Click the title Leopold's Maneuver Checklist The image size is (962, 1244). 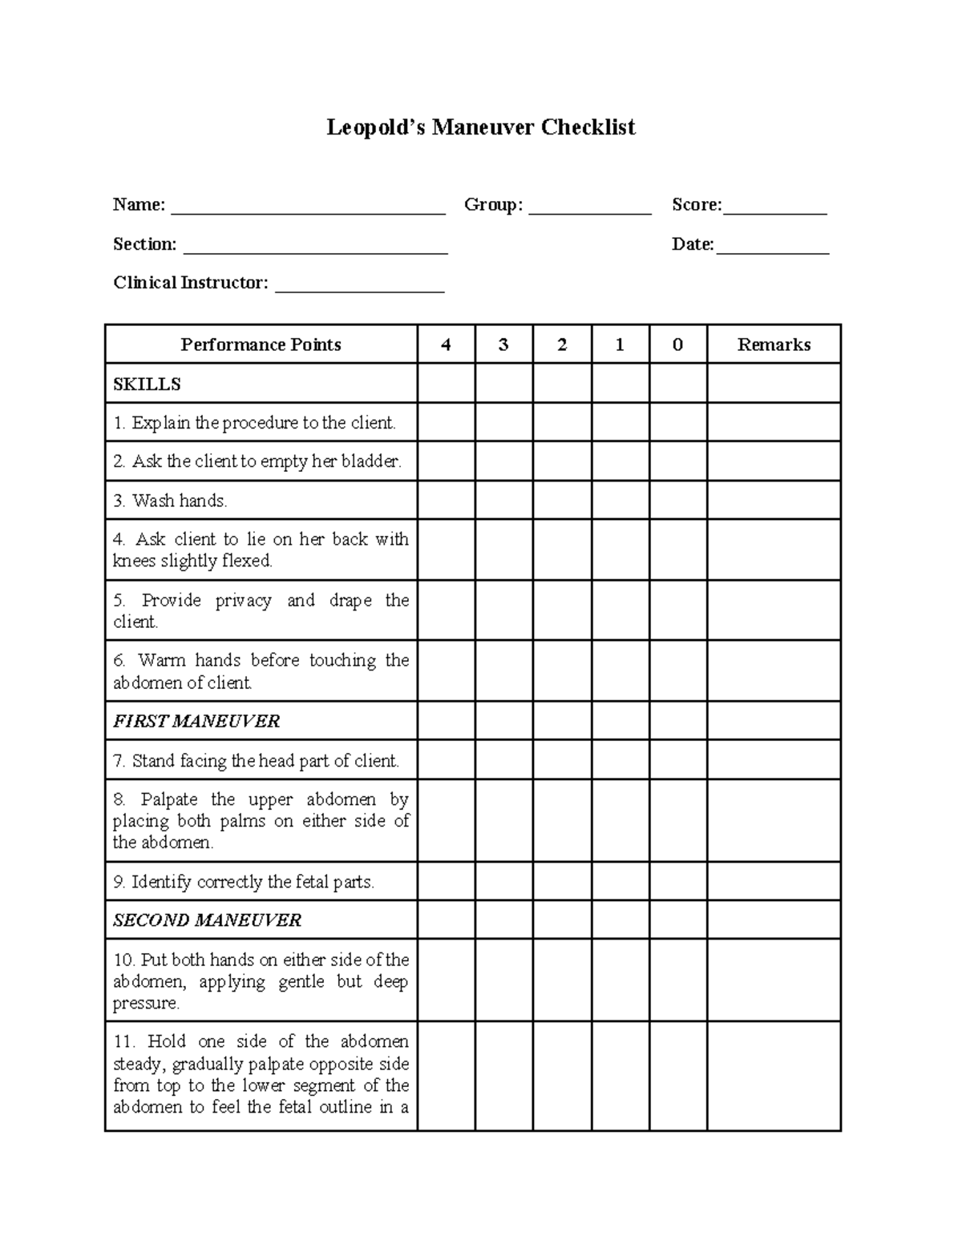click(480, 127)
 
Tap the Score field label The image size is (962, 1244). click(696, 205)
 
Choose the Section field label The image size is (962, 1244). click(144, 244)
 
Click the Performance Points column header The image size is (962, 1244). click(261, 344)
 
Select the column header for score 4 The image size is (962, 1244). click(446, 344)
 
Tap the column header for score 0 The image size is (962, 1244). click(677, 344)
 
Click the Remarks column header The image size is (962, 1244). click(774, 344)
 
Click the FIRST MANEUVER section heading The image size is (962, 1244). click(196, 721)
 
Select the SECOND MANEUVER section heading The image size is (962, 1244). click(207, 920)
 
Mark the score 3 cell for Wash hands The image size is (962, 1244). click(503, 501)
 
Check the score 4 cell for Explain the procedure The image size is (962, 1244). click(446, 422)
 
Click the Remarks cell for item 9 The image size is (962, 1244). click(774, 881)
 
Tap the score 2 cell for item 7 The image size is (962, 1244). click(562, 760)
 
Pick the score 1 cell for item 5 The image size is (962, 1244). click(620, 610)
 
